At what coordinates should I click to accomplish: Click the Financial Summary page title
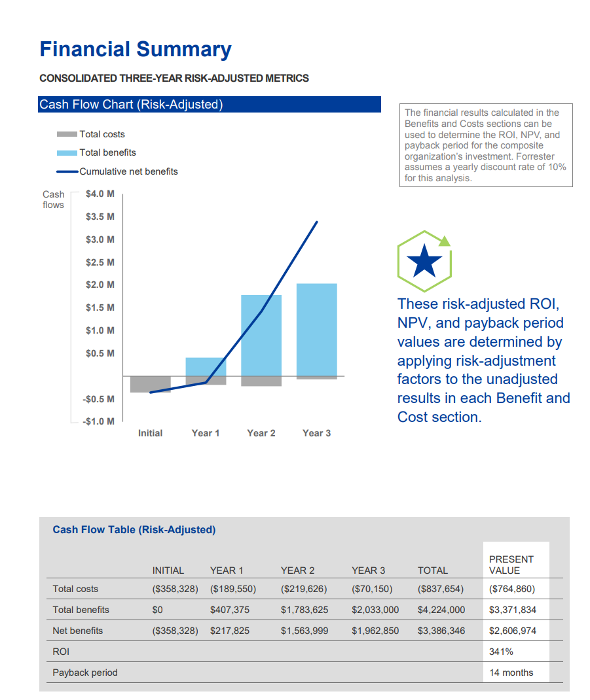[136, 50]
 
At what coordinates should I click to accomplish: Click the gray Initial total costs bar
[150, 384]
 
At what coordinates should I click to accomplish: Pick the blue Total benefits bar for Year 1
[206, 367]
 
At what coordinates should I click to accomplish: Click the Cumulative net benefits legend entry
[118, 171]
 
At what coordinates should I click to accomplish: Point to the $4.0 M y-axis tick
[100, 194]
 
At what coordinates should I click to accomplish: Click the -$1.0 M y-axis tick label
[100, 421]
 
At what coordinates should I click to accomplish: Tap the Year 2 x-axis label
[261, 433]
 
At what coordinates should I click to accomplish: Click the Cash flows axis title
[54, 200]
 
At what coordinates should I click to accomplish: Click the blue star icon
[424, 261]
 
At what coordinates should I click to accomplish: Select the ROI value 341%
[501, 652]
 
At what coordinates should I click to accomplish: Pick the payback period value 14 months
[511, 673]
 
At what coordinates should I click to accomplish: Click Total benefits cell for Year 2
[304, 610]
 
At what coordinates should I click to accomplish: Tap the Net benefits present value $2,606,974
[512, 631]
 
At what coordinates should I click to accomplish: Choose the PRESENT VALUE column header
[511, 565]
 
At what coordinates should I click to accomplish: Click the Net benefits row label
[77, 631]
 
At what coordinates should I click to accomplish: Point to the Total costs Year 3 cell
[372, 589]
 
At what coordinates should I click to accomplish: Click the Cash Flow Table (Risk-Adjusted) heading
[134, 530]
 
